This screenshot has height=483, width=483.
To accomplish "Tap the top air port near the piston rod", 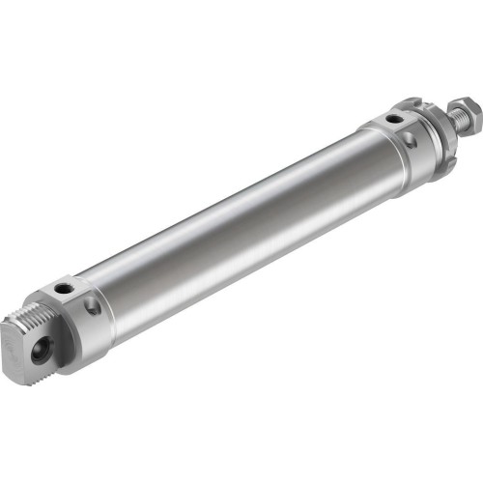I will (393, 119).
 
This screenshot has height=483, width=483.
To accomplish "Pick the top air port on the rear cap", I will (66, 288).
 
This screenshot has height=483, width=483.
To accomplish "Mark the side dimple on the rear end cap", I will (92, 308).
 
